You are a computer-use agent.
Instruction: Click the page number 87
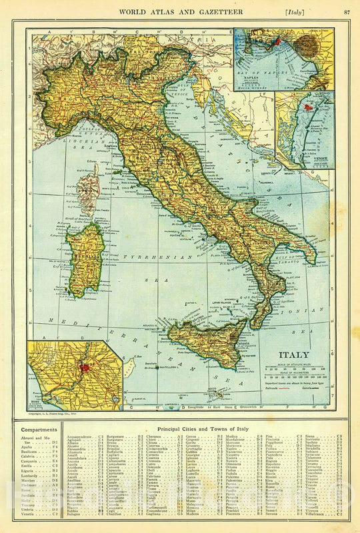[347, 11]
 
